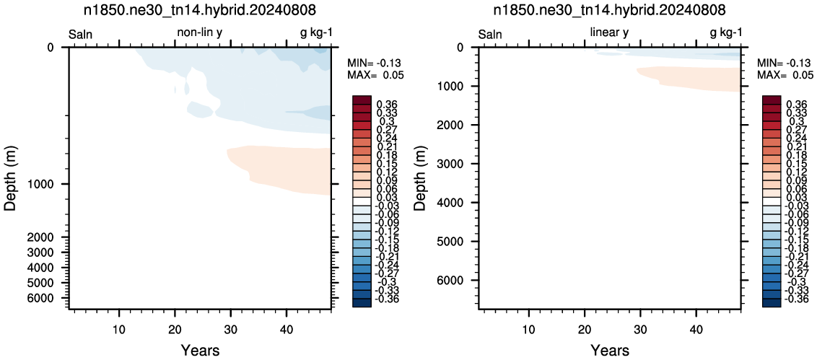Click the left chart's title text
200,10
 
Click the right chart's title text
610,10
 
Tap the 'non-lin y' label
200,32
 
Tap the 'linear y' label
609,32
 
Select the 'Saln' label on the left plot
81,35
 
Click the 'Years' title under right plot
610,349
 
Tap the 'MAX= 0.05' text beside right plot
785,75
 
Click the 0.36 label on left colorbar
387,104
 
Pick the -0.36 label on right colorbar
795,299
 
